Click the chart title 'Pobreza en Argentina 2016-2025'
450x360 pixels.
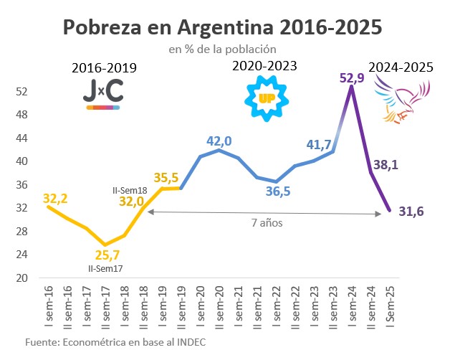point(222,27)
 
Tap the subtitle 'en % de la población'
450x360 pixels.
point(222,49)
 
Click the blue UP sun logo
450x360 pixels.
point(267,97)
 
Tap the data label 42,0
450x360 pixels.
point(220,141)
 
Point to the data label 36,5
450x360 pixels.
point(276,192)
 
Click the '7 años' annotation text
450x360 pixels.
point(264,222)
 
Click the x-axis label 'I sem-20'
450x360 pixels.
point(201,304)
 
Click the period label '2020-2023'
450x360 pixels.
point(264,67)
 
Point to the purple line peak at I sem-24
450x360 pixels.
point(351,87)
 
